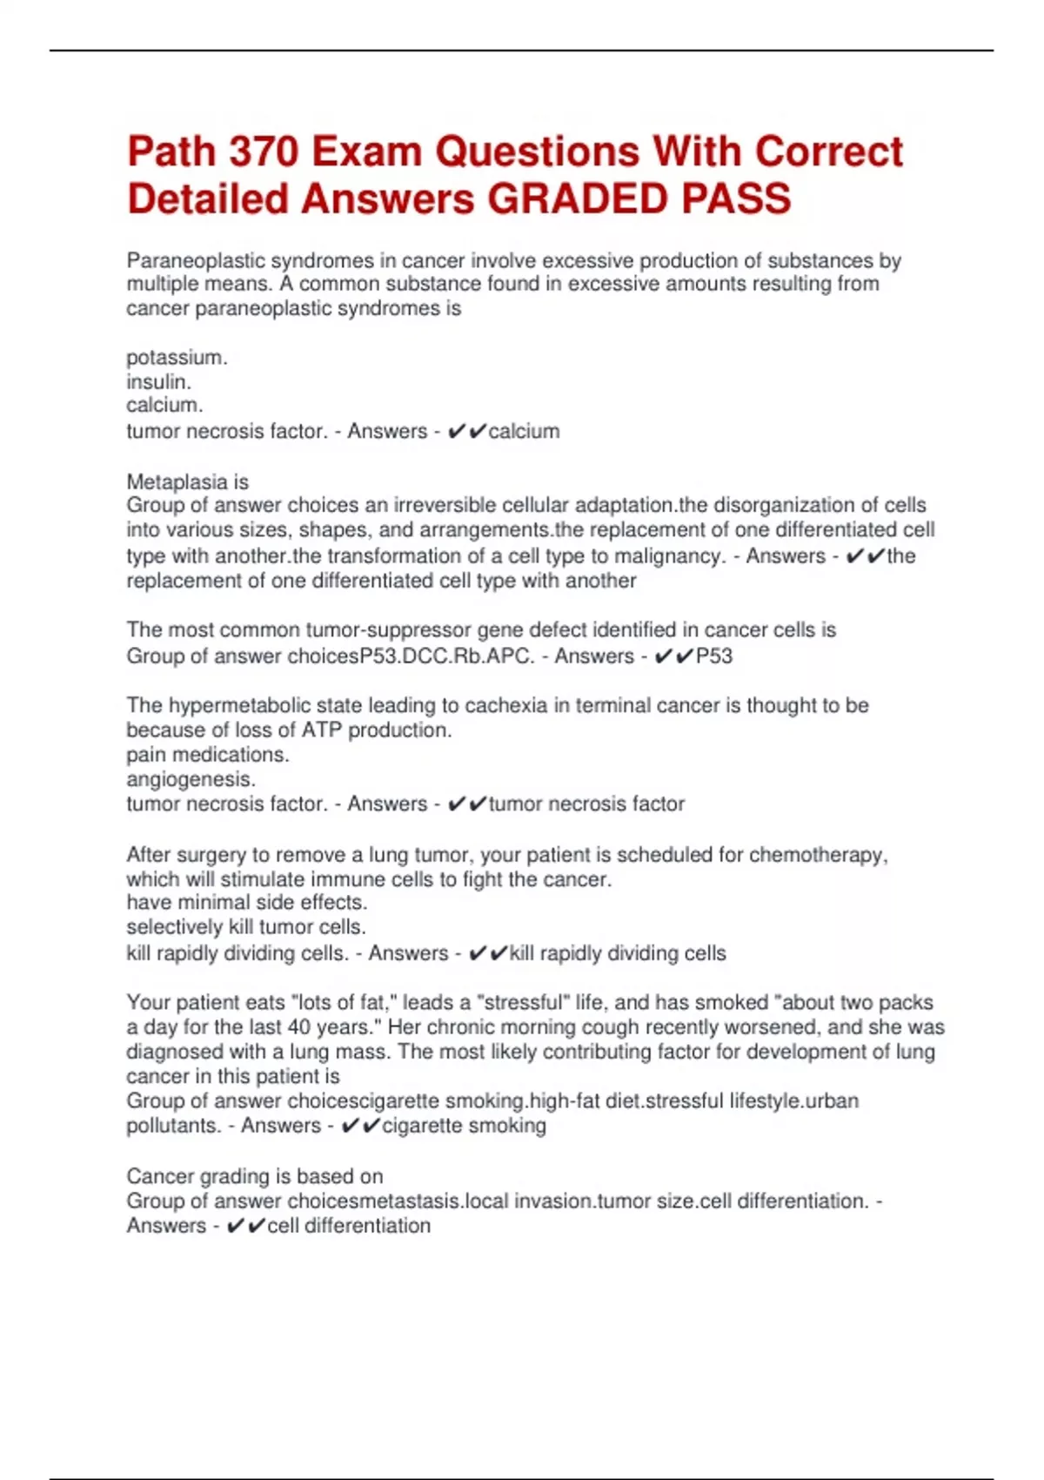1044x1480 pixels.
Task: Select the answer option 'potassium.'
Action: tap(177, 358)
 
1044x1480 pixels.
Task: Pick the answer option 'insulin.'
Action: tap(158, 381)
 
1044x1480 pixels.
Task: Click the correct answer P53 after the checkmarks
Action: tap(714, 656)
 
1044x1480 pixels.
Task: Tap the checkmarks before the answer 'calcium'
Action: tap(466, 431)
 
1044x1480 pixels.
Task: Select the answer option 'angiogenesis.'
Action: tap(191, 779)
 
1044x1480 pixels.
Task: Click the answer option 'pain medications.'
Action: tap(207, 754)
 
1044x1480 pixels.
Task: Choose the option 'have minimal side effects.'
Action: tap(247, 902)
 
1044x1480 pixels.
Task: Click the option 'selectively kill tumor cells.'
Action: tap(246, 926)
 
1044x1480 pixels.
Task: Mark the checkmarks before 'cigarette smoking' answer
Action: tap(360, 1126)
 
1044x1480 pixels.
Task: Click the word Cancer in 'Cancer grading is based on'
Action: tap(160, 1176)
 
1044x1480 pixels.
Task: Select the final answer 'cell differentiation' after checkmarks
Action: tap(349, 1226)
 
